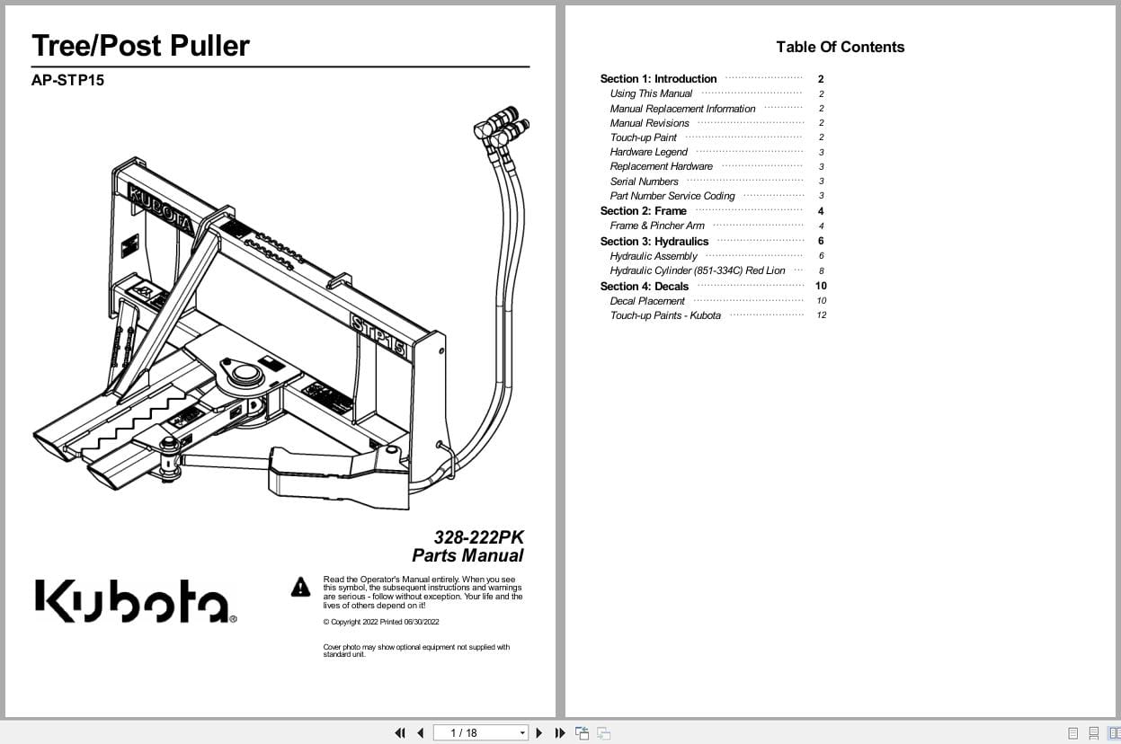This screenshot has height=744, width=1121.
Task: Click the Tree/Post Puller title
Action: coord(140,46)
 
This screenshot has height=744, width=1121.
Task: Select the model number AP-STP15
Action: coord(67,80)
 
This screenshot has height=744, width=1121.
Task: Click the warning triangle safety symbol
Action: coord(300,588)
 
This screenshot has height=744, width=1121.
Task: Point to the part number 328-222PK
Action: coord(478,537)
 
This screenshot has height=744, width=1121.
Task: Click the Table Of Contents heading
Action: coord(840,47)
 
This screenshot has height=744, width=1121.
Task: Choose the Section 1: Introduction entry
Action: coord(658,79)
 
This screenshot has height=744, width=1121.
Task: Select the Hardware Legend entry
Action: coord(648,152)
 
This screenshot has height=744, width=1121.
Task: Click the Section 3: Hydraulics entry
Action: coord(654,241)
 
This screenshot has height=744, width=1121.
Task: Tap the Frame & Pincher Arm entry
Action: coord(657,226)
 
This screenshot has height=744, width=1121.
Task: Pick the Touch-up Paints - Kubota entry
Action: coord(665,315)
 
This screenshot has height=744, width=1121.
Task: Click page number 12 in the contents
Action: coord(821,315)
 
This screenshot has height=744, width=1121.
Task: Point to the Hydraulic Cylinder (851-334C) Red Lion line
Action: coord(698,270)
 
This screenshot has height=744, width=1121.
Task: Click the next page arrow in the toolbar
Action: coord(539,732)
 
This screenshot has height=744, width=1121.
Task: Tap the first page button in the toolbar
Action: coord(400,732)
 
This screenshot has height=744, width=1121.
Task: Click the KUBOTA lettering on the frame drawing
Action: coord(160,208)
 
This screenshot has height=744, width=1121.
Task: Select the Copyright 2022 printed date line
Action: coord(381,622)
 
